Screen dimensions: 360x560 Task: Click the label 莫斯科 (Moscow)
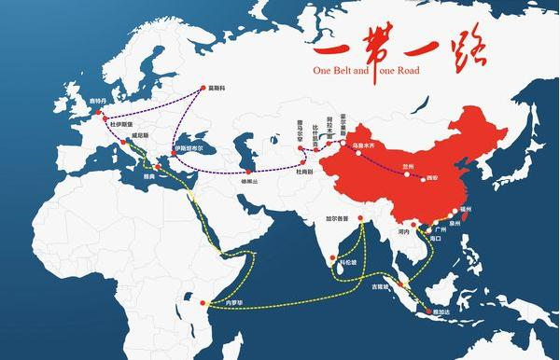point(217,90)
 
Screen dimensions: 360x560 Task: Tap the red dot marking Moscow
point(201,90)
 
